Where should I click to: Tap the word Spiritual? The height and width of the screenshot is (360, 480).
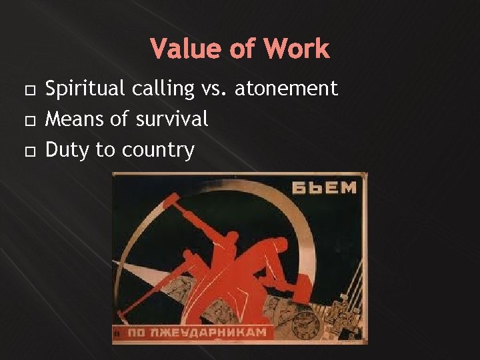[85, 89]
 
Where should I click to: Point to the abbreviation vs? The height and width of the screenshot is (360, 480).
[213, 89]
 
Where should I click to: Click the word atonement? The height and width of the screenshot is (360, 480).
[286, 89]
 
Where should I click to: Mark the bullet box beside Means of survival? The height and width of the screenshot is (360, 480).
[27, 121]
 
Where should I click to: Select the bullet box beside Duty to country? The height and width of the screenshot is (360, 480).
[27, 151]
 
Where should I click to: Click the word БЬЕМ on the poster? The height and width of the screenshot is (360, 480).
[324, 187]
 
